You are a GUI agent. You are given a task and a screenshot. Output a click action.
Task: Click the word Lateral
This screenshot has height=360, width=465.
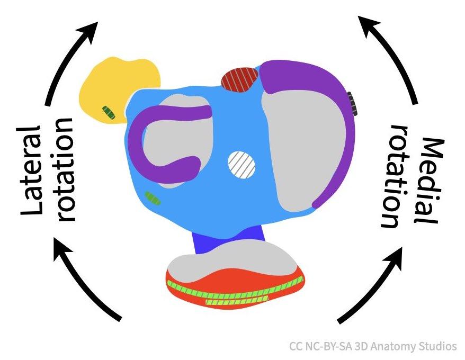(x=31, y=170)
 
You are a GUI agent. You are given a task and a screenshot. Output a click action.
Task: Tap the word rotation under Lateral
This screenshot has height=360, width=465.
(x=65, y=169)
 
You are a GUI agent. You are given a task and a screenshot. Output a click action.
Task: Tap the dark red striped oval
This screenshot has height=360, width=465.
(x=239, y=79)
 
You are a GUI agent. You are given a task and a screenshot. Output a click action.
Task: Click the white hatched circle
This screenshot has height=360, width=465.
(x=242, y=165)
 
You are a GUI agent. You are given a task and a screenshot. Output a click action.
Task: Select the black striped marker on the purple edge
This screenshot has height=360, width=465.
(x=352, y=103)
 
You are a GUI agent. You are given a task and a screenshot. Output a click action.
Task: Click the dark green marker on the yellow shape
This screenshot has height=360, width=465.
(x=109, y=112)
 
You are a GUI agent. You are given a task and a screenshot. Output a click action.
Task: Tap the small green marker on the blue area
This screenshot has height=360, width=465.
(x=153, y=198)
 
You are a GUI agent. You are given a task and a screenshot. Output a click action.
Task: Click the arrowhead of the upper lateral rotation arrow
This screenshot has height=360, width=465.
(x=88, y=31)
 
